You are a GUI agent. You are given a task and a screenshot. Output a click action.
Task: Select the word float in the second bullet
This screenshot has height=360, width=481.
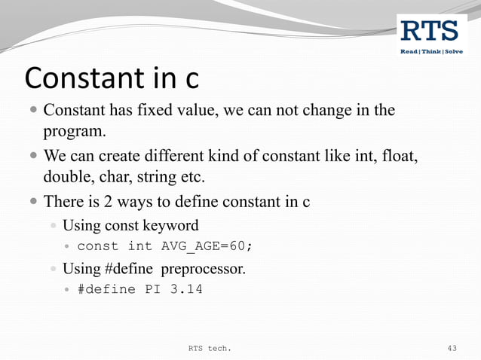[x=397, y=157]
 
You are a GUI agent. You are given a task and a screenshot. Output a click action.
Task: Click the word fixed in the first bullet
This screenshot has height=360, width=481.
[x=149, y=111]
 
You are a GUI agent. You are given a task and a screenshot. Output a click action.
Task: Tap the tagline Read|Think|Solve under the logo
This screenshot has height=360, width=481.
[x=431, y=51]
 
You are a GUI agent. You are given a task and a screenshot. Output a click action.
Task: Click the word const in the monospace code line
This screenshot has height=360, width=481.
[x=98, y=246]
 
